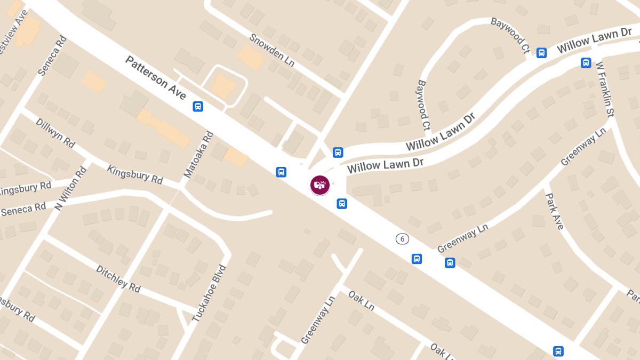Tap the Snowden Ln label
[273, 53]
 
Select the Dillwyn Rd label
[55, 132]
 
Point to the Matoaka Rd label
[198, 155]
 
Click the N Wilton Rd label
[71, 189]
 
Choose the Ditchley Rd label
[118, 278]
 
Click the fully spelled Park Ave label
[554, 211]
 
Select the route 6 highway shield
[402, 239]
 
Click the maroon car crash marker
[319, 185]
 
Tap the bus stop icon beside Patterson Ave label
[198, 107]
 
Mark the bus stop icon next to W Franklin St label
[586, 63]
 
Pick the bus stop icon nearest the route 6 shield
[417, 259]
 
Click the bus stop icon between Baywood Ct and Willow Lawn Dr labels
[541, 53]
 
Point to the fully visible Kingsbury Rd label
[135, 174]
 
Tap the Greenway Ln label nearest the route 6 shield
[462, 238]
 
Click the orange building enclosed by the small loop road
[223, 85]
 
